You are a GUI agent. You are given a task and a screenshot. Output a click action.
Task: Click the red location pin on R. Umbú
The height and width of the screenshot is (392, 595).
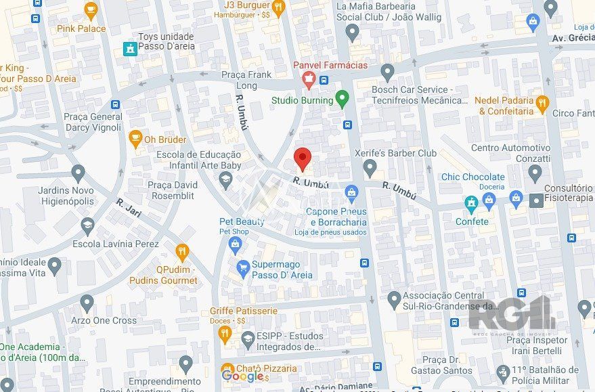[303, 158]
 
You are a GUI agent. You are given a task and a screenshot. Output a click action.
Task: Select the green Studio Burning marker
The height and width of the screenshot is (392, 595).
[343, 100]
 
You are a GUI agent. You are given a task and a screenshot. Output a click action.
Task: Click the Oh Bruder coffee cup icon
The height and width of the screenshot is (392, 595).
[135, 139]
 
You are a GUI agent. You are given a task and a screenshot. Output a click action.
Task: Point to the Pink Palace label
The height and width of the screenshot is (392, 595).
[81, 28]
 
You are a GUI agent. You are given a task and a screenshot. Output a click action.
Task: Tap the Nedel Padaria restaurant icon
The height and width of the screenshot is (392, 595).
[542, 104]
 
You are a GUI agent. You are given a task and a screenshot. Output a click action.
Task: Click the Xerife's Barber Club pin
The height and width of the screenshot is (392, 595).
[370, 167]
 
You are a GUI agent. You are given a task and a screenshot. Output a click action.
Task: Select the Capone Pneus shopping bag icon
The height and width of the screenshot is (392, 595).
[351, 194]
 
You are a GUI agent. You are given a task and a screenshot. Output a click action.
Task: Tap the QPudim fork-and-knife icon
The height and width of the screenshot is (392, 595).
[181, 253]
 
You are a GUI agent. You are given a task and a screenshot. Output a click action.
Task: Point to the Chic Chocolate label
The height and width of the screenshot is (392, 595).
[473, 177]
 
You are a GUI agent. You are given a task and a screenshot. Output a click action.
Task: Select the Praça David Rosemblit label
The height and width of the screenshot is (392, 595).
[172, 190]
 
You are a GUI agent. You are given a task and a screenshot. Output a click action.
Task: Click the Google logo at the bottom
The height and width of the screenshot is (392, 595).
[242, 376]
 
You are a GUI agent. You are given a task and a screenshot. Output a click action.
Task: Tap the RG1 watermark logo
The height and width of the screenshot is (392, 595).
[512, 313]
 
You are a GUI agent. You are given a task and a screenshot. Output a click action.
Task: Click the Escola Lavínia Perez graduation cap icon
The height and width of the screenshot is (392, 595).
[87, 226]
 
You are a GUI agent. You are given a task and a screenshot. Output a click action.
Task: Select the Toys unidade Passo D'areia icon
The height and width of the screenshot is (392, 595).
[129, 48]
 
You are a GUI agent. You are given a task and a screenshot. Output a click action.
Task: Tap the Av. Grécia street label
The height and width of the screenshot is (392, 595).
[568, 38]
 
